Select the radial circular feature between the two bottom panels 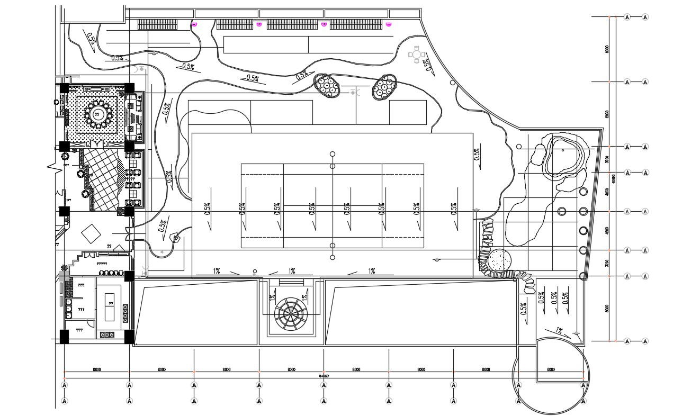click(289, 313)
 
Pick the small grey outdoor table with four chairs click(417, 54)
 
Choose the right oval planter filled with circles click(384, 87)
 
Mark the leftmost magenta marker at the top click(194, 24)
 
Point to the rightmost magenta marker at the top click(389, 24)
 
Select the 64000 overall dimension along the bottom click(324, 376)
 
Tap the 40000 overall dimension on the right click(614, 178)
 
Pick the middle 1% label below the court click(292, 271)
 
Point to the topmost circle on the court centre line click(333, 154)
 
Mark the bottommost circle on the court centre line click(333, 258)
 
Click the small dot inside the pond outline click(562, 150)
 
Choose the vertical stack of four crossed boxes click(125, 313)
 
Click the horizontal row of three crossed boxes click(107, 334)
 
